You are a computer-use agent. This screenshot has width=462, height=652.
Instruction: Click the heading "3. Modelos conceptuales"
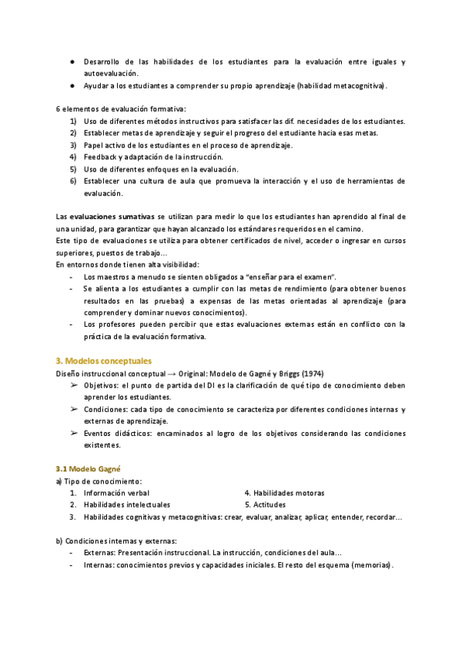104,360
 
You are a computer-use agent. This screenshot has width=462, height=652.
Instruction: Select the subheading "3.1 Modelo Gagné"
89,468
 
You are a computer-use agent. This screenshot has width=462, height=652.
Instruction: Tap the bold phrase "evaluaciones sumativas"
110,217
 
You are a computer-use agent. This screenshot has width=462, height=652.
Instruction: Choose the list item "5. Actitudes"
265,505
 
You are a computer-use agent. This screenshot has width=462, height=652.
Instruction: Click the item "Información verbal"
116,493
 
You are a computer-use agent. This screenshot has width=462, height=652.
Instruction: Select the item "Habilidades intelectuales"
127,505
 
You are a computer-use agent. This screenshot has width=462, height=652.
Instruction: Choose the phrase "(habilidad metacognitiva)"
341,85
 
